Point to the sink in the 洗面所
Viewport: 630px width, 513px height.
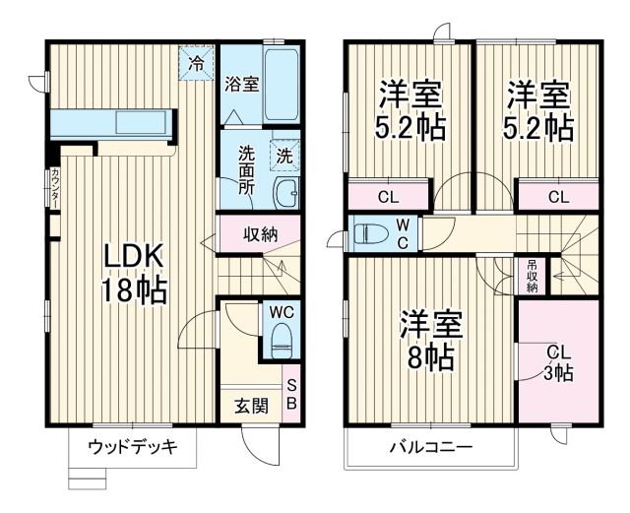285,193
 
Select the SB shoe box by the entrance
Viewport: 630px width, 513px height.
292,391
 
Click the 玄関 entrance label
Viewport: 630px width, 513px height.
251,405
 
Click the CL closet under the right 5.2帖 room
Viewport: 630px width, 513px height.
558,196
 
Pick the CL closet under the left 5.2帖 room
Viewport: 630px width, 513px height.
389,196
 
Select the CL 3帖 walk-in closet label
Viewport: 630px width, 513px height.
558,362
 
